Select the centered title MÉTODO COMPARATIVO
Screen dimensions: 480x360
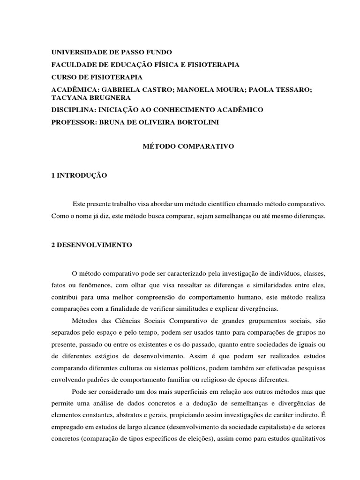187,147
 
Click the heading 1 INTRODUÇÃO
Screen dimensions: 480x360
79,175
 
